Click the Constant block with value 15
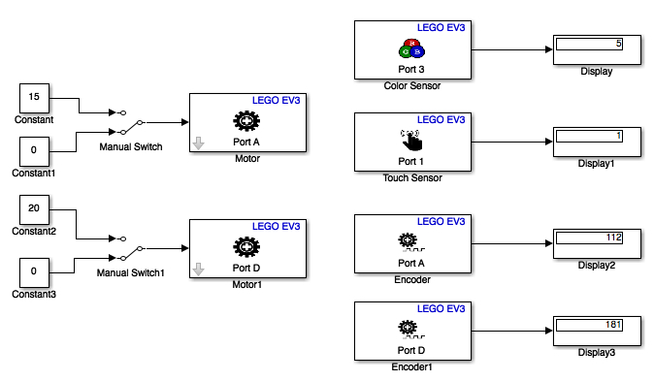(x=34, y=98)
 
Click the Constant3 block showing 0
(x=34, y=272)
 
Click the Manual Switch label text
(x=131, y=147)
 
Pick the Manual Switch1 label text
(x=131, y=272)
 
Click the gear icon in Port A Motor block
(x=245, y=121)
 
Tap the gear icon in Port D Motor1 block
(x=245, y=246)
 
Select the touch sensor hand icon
(x=409, y=140)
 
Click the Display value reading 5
(x=588, y=45)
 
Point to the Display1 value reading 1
(x=588, y=136)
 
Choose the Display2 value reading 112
(x=588, y=238)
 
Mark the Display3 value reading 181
(x=588, y=325)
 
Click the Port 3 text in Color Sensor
(x=411, y=69)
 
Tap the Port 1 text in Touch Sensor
(x=411, y=161)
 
